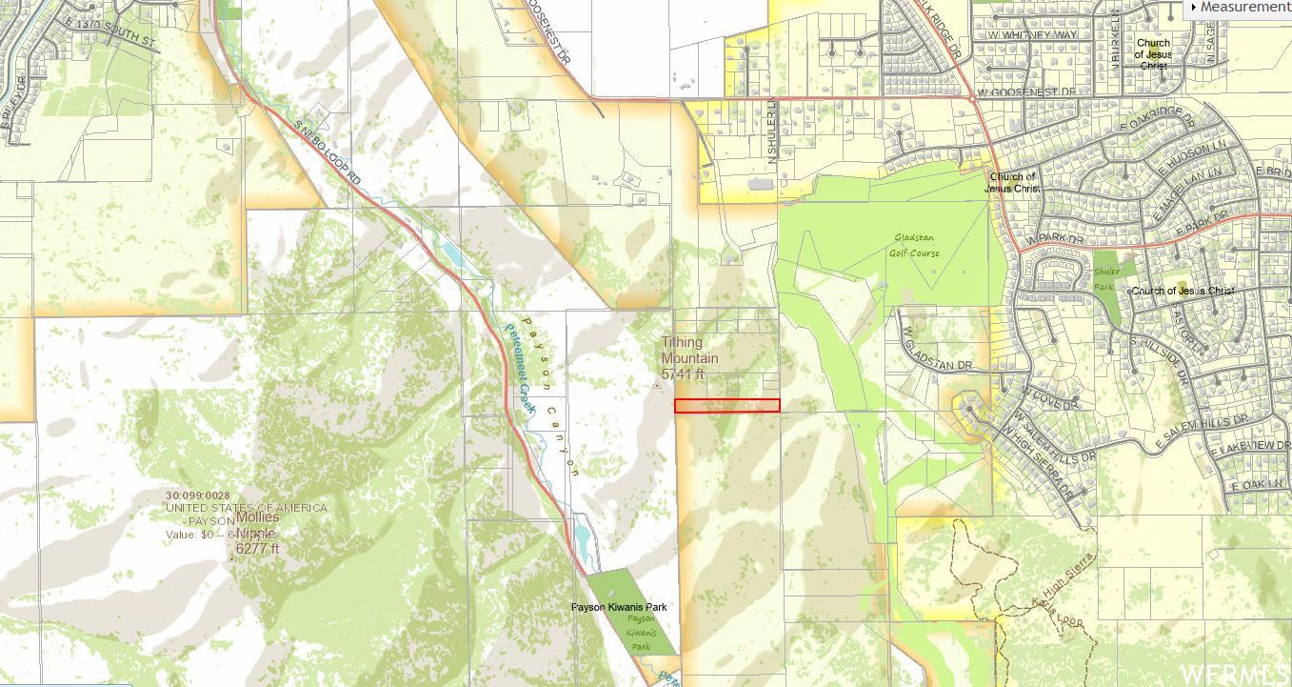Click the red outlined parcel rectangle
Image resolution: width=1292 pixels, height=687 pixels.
726,406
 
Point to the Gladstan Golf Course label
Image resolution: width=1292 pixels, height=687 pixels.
916,246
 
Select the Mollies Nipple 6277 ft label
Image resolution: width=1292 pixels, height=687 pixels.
257,533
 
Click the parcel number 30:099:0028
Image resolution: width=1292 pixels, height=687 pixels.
197,495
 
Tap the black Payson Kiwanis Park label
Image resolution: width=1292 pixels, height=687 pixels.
618,607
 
